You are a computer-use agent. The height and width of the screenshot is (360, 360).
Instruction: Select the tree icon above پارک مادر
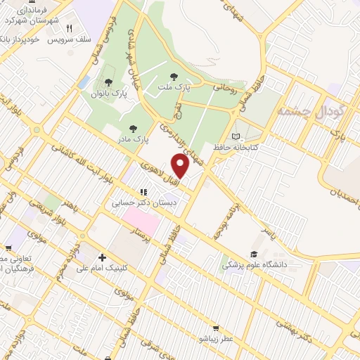(x=133, y=128)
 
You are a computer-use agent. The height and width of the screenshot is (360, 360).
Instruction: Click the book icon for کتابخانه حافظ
(x=236, y=136)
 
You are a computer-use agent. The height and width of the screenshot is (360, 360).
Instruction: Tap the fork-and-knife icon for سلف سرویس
(x=69, y=29)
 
